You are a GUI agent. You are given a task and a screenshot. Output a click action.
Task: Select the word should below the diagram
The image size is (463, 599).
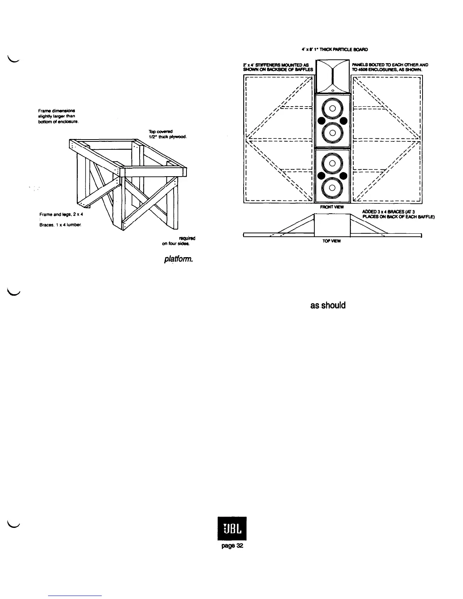(334, 305)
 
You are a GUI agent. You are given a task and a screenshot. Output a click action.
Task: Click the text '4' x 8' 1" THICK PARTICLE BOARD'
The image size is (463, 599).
(332, 49)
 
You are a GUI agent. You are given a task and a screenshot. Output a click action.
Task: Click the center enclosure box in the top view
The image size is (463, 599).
(332, 225)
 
